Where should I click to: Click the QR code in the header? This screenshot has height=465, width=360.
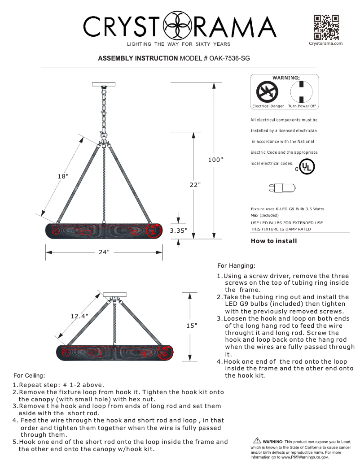[x=326, y=27]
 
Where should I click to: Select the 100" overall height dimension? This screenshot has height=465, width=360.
[x=215, y=160]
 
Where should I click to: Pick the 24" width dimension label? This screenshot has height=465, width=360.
[x=104, y=252]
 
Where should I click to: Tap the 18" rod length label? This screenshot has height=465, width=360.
[x=63, y=176]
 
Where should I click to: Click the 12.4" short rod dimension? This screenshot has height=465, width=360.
[x=79, y=316]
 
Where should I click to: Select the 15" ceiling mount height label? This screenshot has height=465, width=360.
[x=192, y=325]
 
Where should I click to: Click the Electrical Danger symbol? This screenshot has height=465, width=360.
[x=267, y=93]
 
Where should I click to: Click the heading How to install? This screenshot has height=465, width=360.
[x=274, y=241]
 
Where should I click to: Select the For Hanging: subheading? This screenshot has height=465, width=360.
[x=236, y=265]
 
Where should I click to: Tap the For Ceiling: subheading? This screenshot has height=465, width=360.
[x=29, y=375]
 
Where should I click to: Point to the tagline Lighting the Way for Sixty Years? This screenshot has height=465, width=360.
[x=179, y=44]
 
